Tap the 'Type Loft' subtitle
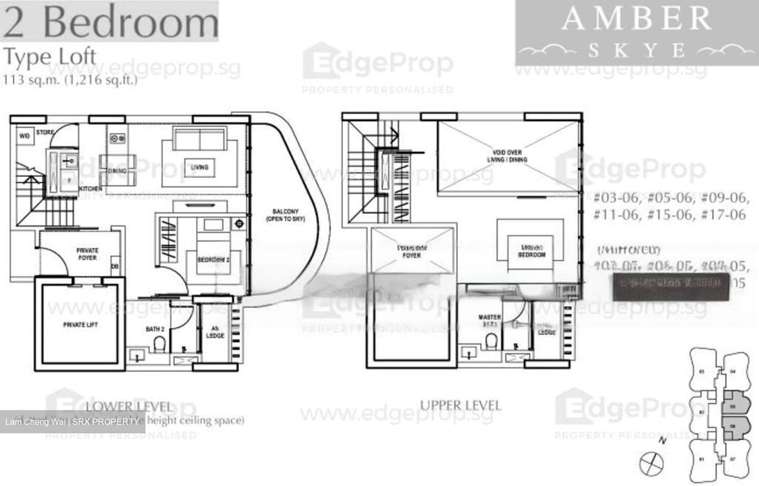(50, 56)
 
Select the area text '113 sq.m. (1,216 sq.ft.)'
(70, 80)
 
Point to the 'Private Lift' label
(81, 325)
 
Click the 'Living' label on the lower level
(199, 167)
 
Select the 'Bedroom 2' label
(213, 260)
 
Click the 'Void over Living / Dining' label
(508, 156)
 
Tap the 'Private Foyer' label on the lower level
(87, 254)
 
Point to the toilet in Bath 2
(159, 345)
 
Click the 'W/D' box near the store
(24, 136)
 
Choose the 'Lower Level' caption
(129, 406)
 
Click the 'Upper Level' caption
(460, 405)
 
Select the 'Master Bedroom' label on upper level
(531, 251)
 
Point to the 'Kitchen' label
(90, 189)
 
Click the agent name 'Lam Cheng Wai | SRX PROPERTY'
(72, 422)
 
